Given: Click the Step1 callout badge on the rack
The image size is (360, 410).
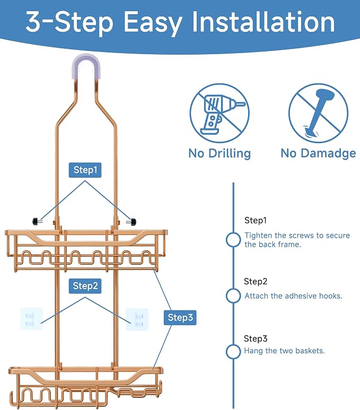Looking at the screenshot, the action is click(85, 170).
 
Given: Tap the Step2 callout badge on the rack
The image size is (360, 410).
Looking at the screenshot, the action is click(85, 286).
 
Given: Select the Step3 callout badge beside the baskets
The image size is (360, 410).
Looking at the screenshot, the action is click(180, 318).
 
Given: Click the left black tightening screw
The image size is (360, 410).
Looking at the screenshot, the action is click(37, 222).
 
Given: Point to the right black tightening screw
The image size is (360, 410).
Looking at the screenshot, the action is click(131, 222).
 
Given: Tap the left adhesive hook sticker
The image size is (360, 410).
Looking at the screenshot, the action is click(31, 319).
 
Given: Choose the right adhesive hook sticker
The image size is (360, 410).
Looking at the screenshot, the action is click(137, 319).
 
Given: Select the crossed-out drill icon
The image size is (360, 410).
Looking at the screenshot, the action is click(219, 113).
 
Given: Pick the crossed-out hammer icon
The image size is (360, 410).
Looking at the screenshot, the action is click(319, 113).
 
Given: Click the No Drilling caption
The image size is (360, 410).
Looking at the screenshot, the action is click(219, 153).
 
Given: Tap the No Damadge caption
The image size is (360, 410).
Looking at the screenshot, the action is click(318, 153).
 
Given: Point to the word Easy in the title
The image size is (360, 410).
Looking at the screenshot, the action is click(153, 23).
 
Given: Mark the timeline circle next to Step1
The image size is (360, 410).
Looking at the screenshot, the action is click(233, 240).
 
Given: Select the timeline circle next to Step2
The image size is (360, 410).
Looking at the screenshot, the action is click(233, 296).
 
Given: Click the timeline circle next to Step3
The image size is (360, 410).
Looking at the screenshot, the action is click(233, 352).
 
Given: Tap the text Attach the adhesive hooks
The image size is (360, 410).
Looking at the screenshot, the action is click(293, 296).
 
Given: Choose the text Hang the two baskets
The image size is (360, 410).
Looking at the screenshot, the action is click(284, 351).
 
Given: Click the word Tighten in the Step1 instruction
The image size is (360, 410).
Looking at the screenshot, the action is click(258, 236).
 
